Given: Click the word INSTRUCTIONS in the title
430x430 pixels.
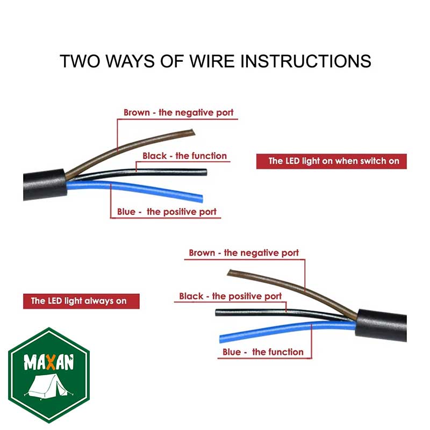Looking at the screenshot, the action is point(305,61).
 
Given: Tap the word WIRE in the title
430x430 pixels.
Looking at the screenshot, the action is point(212,61).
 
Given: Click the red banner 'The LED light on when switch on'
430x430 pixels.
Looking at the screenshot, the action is point(331,161).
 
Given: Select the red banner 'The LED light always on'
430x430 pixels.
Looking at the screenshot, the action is point(81,301).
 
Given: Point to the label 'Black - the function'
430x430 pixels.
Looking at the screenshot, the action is point(184,156).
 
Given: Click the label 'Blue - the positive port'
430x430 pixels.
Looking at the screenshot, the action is point(167,212).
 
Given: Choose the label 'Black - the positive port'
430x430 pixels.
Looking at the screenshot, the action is point(231,296).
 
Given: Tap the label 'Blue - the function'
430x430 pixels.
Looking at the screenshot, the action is point(263,352).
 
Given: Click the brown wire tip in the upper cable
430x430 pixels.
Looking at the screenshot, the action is point(193,132).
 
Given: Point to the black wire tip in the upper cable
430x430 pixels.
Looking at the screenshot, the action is point(206,172).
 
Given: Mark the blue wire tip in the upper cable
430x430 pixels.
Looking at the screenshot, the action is point(201,198).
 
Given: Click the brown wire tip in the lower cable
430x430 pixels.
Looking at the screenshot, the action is point(230,273).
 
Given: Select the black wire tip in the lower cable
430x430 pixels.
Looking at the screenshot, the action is point(217,312).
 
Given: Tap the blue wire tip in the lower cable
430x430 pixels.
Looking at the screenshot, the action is point(221,339).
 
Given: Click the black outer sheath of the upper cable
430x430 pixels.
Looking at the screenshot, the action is point(45,184).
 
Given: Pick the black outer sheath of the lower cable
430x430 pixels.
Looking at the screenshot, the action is point(381,325).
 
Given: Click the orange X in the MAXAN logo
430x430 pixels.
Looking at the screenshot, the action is point(51,362).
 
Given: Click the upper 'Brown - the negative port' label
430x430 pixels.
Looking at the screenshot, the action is point(178,112).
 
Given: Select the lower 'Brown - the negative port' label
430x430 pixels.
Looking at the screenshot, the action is point(243,253).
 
